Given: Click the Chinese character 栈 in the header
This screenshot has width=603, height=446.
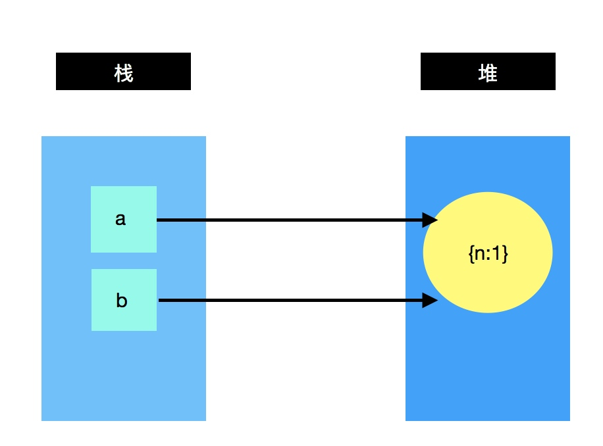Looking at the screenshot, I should pos(124,73).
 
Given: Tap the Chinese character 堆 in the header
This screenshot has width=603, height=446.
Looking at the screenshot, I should pos(488,73).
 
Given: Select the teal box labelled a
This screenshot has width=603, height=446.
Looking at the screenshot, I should pos(124,219).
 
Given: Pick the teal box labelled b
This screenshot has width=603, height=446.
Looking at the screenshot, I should pos(124,300).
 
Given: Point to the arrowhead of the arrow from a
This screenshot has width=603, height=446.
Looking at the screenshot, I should pos(431,220).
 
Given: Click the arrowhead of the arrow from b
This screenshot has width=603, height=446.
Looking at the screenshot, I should pos(431,301).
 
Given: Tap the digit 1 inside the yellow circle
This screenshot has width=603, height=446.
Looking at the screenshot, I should pos(500,253).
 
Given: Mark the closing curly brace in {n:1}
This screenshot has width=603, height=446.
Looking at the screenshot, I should pos(506,254).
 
